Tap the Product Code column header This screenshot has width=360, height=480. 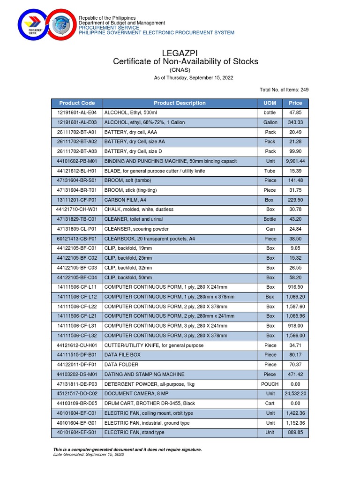click(x=77, y=103)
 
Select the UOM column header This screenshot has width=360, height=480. click(x=270, y=103)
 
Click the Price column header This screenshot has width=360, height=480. click(x=295, y=103)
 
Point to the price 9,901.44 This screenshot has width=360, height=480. click(x=295, y=161)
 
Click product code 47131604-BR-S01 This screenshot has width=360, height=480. click(x=77, y=180)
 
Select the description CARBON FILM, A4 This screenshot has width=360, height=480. click(x=125, y=200)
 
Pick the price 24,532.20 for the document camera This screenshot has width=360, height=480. click(x=295, y=394)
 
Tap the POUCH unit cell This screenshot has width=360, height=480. click(x=270, y=384)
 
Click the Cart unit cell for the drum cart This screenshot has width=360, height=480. click(x=270, y=404)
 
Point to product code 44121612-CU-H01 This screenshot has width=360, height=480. click(x=77, y=345)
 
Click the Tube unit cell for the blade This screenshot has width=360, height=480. click(x=270, y=171)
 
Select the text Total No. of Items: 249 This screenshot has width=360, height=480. click(x=284, y=90)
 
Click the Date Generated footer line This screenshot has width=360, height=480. click(x=89, y=455)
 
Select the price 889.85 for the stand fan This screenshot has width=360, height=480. click(x=295, y=433)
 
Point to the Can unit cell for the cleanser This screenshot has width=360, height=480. click(x=270, y=229)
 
